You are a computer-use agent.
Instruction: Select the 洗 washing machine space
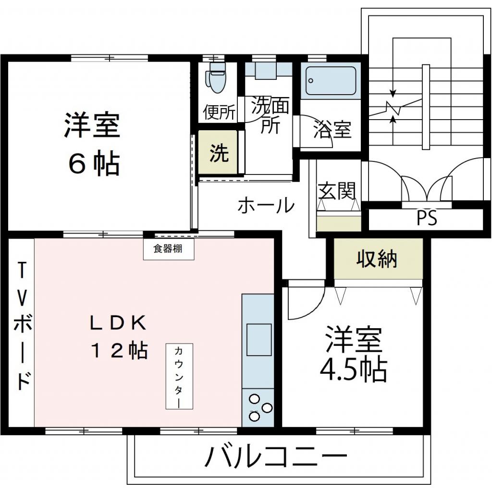click(219, 153)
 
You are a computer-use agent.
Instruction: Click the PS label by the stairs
click(427, 219)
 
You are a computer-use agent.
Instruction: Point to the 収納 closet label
click(377, 259)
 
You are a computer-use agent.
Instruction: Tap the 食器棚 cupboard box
click(168, 250)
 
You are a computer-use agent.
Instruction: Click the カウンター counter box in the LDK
click(178, 376)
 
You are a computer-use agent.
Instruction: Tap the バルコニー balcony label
click(276, 456)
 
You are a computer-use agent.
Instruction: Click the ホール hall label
click(266, 206)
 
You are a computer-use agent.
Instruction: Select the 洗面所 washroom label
click(270, 115)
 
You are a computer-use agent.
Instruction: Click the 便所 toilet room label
click(219, 113)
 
